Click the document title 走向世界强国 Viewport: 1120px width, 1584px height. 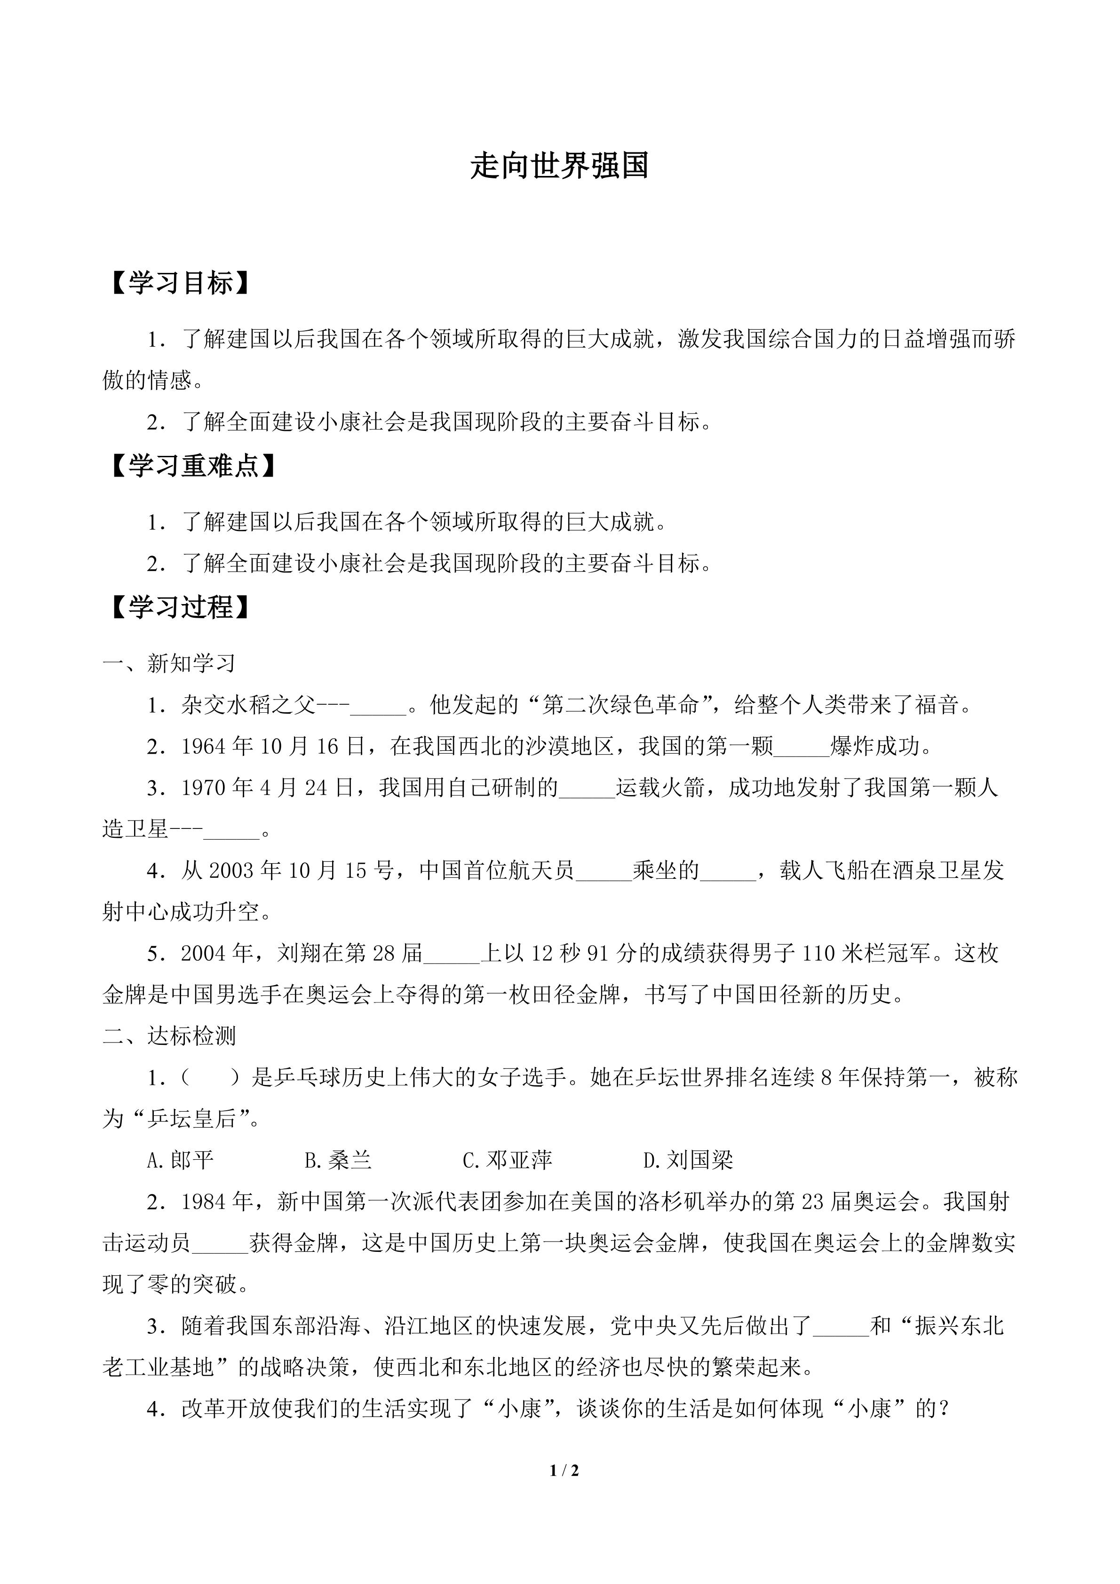pyautogui.click(x=559, y=166)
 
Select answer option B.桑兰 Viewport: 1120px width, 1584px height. pyautogui.click(x=338, y=1161)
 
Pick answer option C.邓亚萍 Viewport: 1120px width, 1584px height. pyautogui.click(x=507, y=1161)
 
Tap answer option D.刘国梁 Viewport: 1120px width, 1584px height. pyautogui.click(x=688, y=1161)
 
